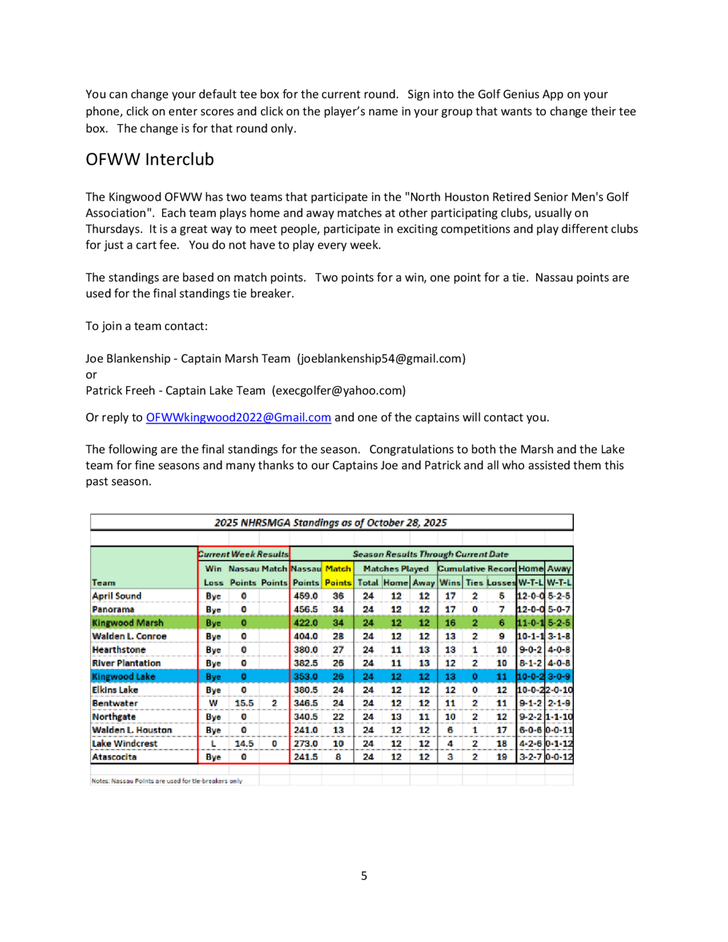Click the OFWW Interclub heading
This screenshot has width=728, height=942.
[150, 159]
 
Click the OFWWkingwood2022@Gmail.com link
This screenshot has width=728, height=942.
[238, 417]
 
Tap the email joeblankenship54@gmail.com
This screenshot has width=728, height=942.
[381, 359]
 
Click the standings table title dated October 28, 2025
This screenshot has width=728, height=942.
[331, 523]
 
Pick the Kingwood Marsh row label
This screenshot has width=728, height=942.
[128, 623]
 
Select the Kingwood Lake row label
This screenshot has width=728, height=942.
[123, 676]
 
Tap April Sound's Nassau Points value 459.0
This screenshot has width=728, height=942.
[305, 596]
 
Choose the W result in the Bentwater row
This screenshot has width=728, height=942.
[213, 703]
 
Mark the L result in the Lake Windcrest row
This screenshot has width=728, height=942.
[213, 744]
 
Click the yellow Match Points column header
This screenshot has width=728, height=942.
[338, 575]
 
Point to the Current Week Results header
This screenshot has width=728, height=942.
[244, 554]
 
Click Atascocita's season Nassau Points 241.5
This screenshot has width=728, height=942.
[305, 757]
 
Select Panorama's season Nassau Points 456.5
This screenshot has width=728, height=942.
[305, 609]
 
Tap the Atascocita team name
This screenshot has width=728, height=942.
[114, 757]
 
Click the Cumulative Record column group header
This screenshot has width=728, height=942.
[476, 569]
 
